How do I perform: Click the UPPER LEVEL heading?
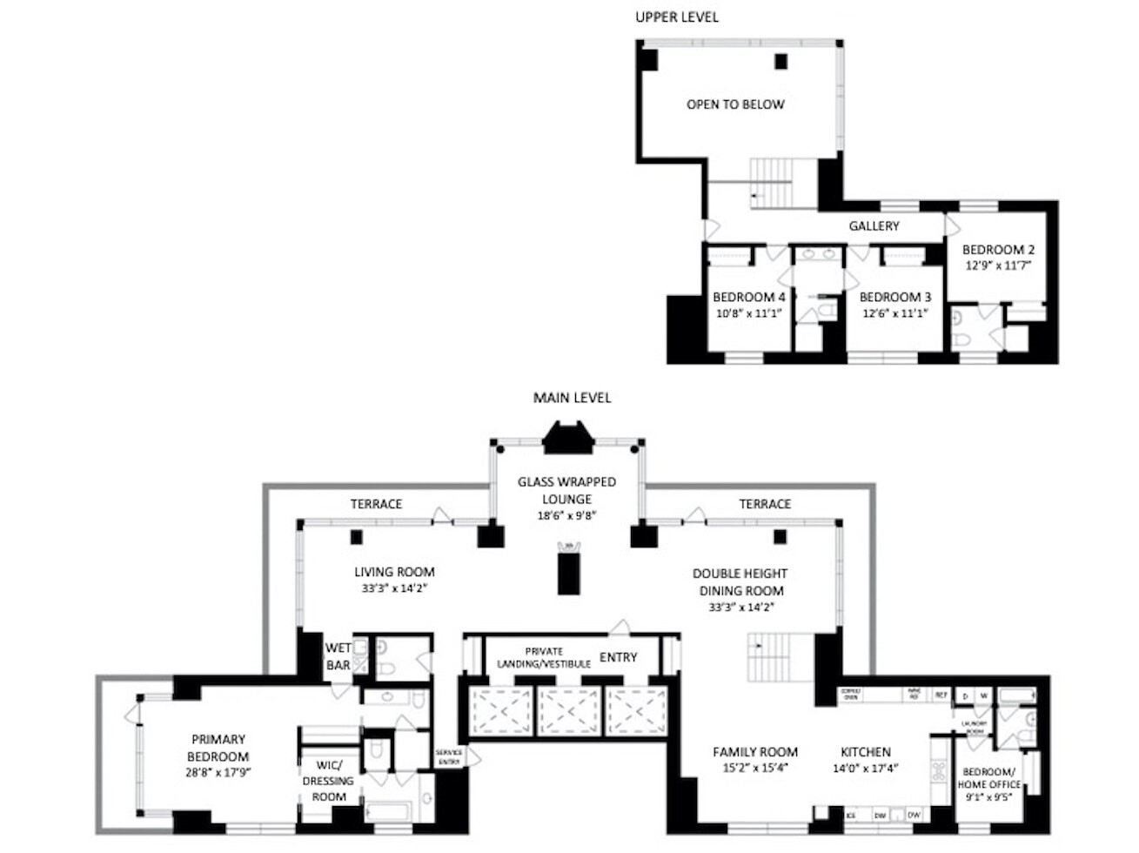point(676,17)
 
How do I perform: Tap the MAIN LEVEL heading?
point(572,398)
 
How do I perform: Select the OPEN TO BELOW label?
point(735,104)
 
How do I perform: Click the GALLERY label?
point(874,226)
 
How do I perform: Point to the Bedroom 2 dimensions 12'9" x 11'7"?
point(997,265)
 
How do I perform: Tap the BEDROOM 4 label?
point(748,297)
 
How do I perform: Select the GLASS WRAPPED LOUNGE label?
point(566,490)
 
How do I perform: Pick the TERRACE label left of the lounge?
point(376,504)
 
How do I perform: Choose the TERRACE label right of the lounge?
point(765,504)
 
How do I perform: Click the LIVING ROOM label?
point(394,572)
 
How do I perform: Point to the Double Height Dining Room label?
point(740,581)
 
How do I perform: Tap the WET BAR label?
point(338,656)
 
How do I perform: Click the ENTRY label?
point(618,657)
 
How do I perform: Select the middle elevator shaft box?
point(568,711)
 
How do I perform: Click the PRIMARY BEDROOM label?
point(218,748)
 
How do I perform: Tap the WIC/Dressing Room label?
point(328,781)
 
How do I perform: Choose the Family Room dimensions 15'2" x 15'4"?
point(754,769)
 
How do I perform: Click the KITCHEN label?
point(865,752)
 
